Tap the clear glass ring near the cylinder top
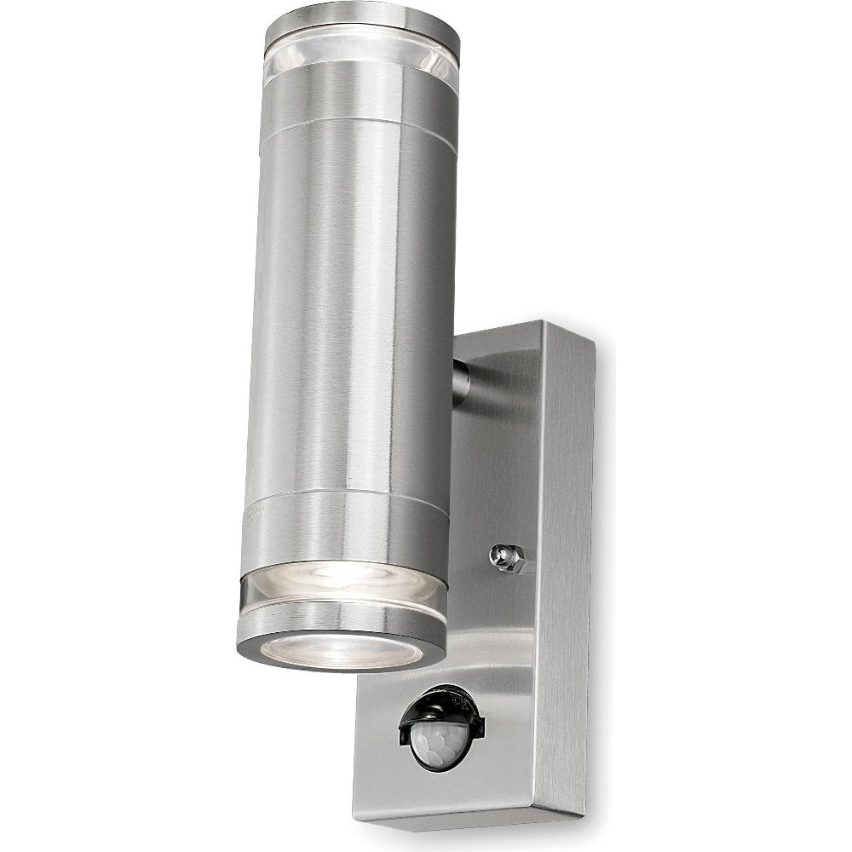[362, 64]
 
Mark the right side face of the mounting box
[567, 554]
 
